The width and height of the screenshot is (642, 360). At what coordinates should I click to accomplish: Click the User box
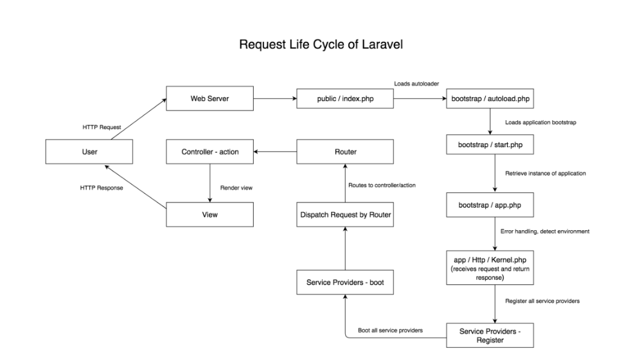(x=89, y=152)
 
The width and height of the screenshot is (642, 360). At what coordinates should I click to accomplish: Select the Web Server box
(x=210, y=99)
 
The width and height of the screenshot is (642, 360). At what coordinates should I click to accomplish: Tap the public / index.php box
(x=344, y=99)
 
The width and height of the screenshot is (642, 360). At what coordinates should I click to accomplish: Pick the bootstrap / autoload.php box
(x=490, y=99)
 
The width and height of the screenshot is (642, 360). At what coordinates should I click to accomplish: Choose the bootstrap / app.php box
(x=490, y=205)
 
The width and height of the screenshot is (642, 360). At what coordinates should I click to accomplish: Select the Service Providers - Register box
(x=490, y=335)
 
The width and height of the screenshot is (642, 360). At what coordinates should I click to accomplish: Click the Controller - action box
(x=210, y=152)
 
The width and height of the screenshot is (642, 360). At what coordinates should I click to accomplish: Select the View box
(x=210, y=214)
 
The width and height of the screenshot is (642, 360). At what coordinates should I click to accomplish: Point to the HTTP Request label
(x=101, y=127)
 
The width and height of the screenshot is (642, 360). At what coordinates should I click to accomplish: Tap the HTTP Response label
(x=102, y=188)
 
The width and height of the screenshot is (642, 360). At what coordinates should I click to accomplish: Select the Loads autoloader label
(x=415, y=84)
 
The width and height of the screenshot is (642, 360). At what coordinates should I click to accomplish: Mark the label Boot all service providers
(x=389, y=330)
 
